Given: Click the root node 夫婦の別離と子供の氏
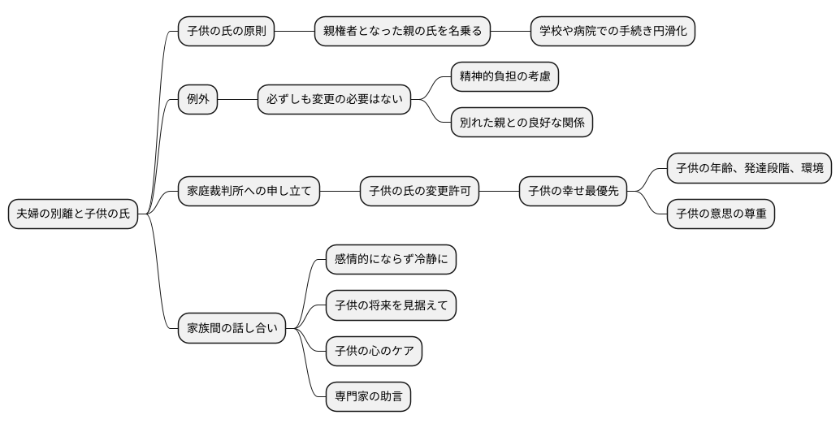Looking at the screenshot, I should [73, 214].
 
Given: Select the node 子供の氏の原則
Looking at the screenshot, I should [226, 32].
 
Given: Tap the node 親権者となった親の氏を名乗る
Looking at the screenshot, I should [402, 32].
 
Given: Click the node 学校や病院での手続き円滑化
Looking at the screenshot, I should [613, 32].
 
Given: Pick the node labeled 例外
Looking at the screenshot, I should [198, 100].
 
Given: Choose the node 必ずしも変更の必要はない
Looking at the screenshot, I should [334, 100].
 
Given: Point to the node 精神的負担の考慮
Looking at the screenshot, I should [504, 77].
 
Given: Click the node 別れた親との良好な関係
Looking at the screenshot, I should [522, 123].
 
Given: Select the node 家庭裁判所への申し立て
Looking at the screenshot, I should [249, 192].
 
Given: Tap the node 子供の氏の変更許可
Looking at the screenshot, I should [419, 192].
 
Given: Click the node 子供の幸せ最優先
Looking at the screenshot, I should [573, 192].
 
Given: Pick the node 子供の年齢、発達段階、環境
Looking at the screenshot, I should [749, 168].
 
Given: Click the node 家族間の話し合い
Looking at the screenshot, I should [232, 329].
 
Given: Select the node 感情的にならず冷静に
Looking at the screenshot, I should [390, 260].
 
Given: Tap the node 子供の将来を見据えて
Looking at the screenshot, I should [390, 306].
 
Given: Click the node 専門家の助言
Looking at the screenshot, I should [367, 398].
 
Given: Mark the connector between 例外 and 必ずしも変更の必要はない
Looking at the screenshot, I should [237, 100].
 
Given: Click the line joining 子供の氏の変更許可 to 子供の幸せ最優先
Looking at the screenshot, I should [499, 192].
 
